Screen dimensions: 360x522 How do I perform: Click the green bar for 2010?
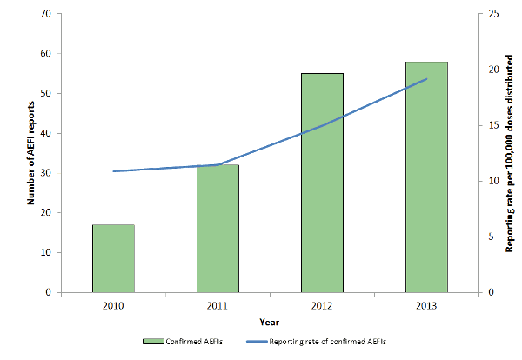(113, 258)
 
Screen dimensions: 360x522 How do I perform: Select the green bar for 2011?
(217, 228)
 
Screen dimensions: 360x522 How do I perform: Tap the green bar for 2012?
(322, 183)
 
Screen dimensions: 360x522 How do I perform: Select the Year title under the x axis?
(269, 322)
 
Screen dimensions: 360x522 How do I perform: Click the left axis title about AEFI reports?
(31, 153)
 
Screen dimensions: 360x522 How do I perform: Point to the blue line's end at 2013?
(426, 79)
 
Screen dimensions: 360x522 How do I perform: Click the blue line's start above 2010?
(113, 171)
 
